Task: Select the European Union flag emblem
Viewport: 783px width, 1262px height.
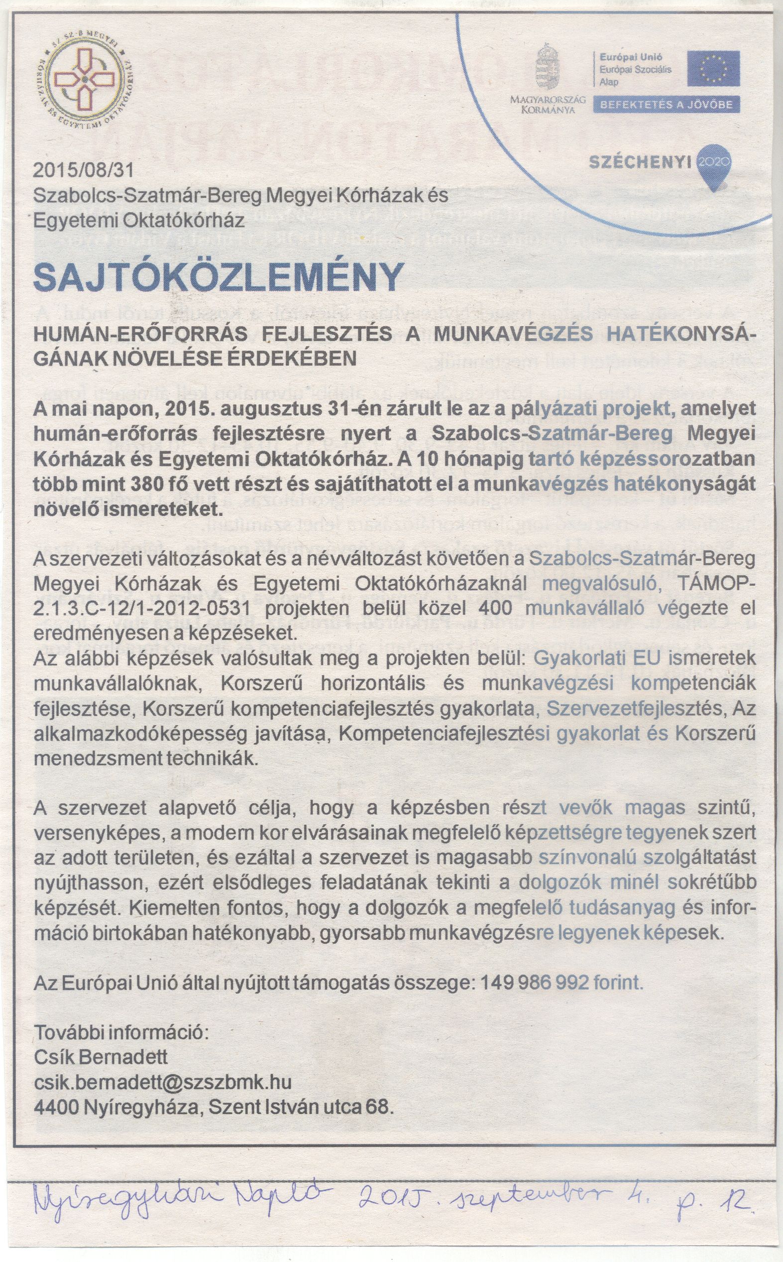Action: point(713,68)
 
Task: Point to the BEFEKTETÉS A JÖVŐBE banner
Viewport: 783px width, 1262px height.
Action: point(666,105)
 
